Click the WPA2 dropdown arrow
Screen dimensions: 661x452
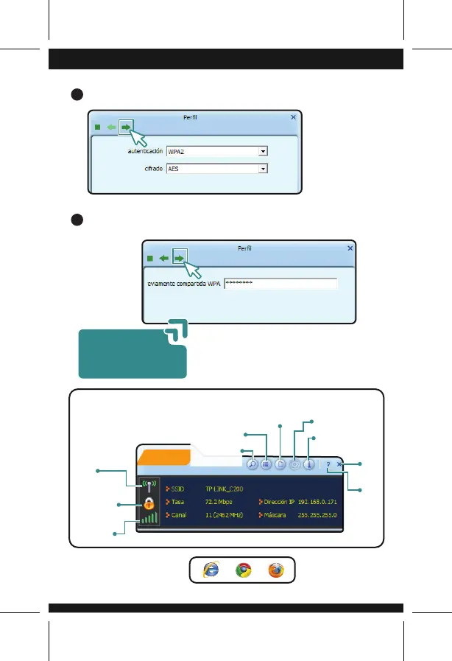(263, 151)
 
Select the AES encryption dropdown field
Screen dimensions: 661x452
(216, 169)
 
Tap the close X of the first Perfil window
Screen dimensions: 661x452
(293, 116)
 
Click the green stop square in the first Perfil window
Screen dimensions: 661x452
(97, 127)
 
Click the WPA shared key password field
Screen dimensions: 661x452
(280, 284)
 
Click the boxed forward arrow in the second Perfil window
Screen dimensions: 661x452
(180, 258)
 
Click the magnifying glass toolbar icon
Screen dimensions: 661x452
(252, 465)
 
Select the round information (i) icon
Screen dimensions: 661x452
(309, 465)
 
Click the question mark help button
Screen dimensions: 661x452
(328, 465)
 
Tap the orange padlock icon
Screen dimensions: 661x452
(149, 503)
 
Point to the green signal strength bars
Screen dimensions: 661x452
(149, 518)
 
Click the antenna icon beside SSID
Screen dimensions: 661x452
(149, 488)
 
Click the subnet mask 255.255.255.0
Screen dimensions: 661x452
(317, 515)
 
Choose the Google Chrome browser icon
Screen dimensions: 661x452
(242, 570)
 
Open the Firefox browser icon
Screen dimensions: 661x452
(276, 570)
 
